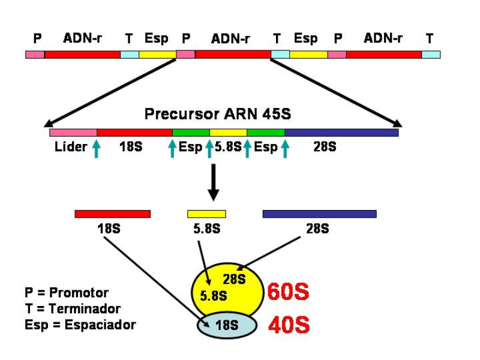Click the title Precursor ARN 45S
click(x=217, y=114)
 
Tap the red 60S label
click(x=288, y=292)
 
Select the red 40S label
click(x=288, y=325)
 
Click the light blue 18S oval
click(x=227, y=325)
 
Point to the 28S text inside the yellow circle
click(x=234, y=279)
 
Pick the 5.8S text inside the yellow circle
click(x=214, y=296)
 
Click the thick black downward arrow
click(x=213, y=183)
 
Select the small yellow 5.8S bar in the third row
click(x=206, y=214)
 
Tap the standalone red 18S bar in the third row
click(x=112, y=214)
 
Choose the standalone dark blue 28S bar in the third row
click(x=319, y=214)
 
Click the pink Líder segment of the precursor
click(x=73, y=132)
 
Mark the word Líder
click(x=71, y=147)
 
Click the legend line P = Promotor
click(x=67, y=293)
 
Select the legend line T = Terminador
click(x=73, y=309)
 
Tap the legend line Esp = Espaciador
click(x=80, y=325)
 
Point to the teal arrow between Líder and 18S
click(x=96, y=148)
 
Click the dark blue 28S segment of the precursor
click(x=341, y=132)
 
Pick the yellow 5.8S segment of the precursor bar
click(x=228, y=132)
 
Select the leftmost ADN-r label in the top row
click(x=82, y=38)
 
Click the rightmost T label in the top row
click(x=430, y=39)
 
